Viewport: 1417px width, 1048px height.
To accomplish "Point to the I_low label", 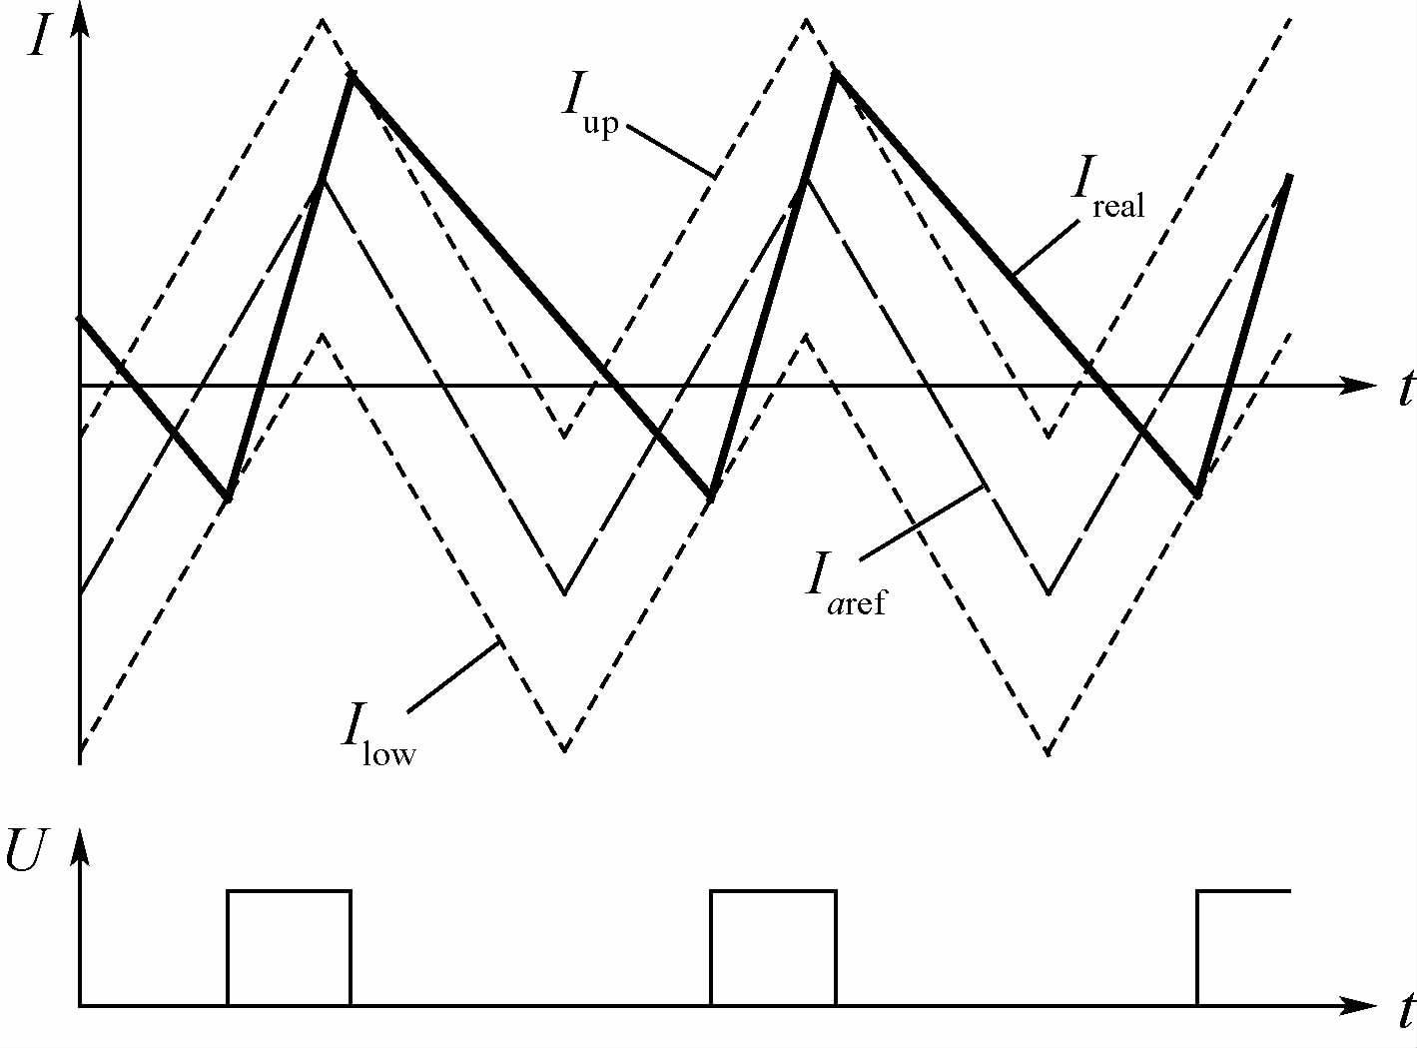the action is point(378,734).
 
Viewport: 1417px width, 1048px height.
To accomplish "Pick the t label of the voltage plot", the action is point(1405,1012).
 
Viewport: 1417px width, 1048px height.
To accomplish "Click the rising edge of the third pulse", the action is point(1197,948).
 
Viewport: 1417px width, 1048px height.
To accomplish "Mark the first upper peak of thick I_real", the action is point(351,76).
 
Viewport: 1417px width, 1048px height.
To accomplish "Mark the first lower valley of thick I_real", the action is point(228,498).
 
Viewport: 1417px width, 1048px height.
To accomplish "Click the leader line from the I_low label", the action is point(453,676).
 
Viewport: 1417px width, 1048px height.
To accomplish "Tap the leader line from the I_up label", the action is point(671,150).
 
